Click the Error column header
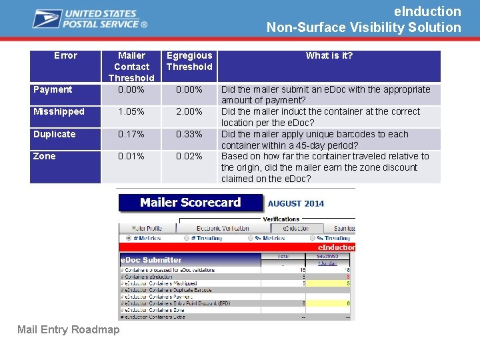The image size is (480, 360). pyautogui.click(x=65, y=55)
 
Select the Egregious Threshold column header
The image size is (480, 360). pyautogui.click(x=189, y=61)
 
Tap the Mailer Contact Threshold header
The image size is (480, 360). pyautogui.click(x=131, y=67)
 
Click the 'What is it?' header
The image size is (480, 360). pyautogui.click(x=329, y=55)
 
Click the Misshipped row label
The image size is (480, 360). pyautogui.click(x=59, y=111)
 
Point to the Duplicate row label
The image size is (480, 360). pyautogui.click(x=55, y=134)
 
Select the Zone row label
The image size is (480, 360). pyautogui.click(x=45, y=156)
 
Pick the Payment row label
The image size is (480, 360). pyautogui.click(x=53, y=89)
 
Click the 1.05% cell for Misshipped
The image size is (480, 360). pyautogui.click(x=131, y=111)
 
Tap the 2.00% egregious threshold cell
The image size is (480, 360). pyautogui.click(x=189, y=111)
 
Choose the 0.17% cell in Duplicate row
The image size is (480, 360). pyautogui.click(x=131, y=134)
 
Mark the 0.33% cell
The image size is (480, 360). pyautogui.click(x=189, y=134)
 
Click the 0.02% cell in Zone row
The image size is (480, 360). pyautogui.click(x=189, y=156)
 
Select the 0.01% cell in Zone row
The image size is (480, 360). pyautogui.click(x=131, y=156)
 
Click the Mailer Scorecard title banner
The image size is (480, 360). pyautogui.click(x=190, y=203)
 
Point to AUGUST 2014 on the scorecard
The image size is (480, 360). pyautogui.click(x=296, y=203)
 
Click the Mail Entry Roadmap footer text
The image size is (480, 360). pyautogui.click(x=69, y=329)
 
